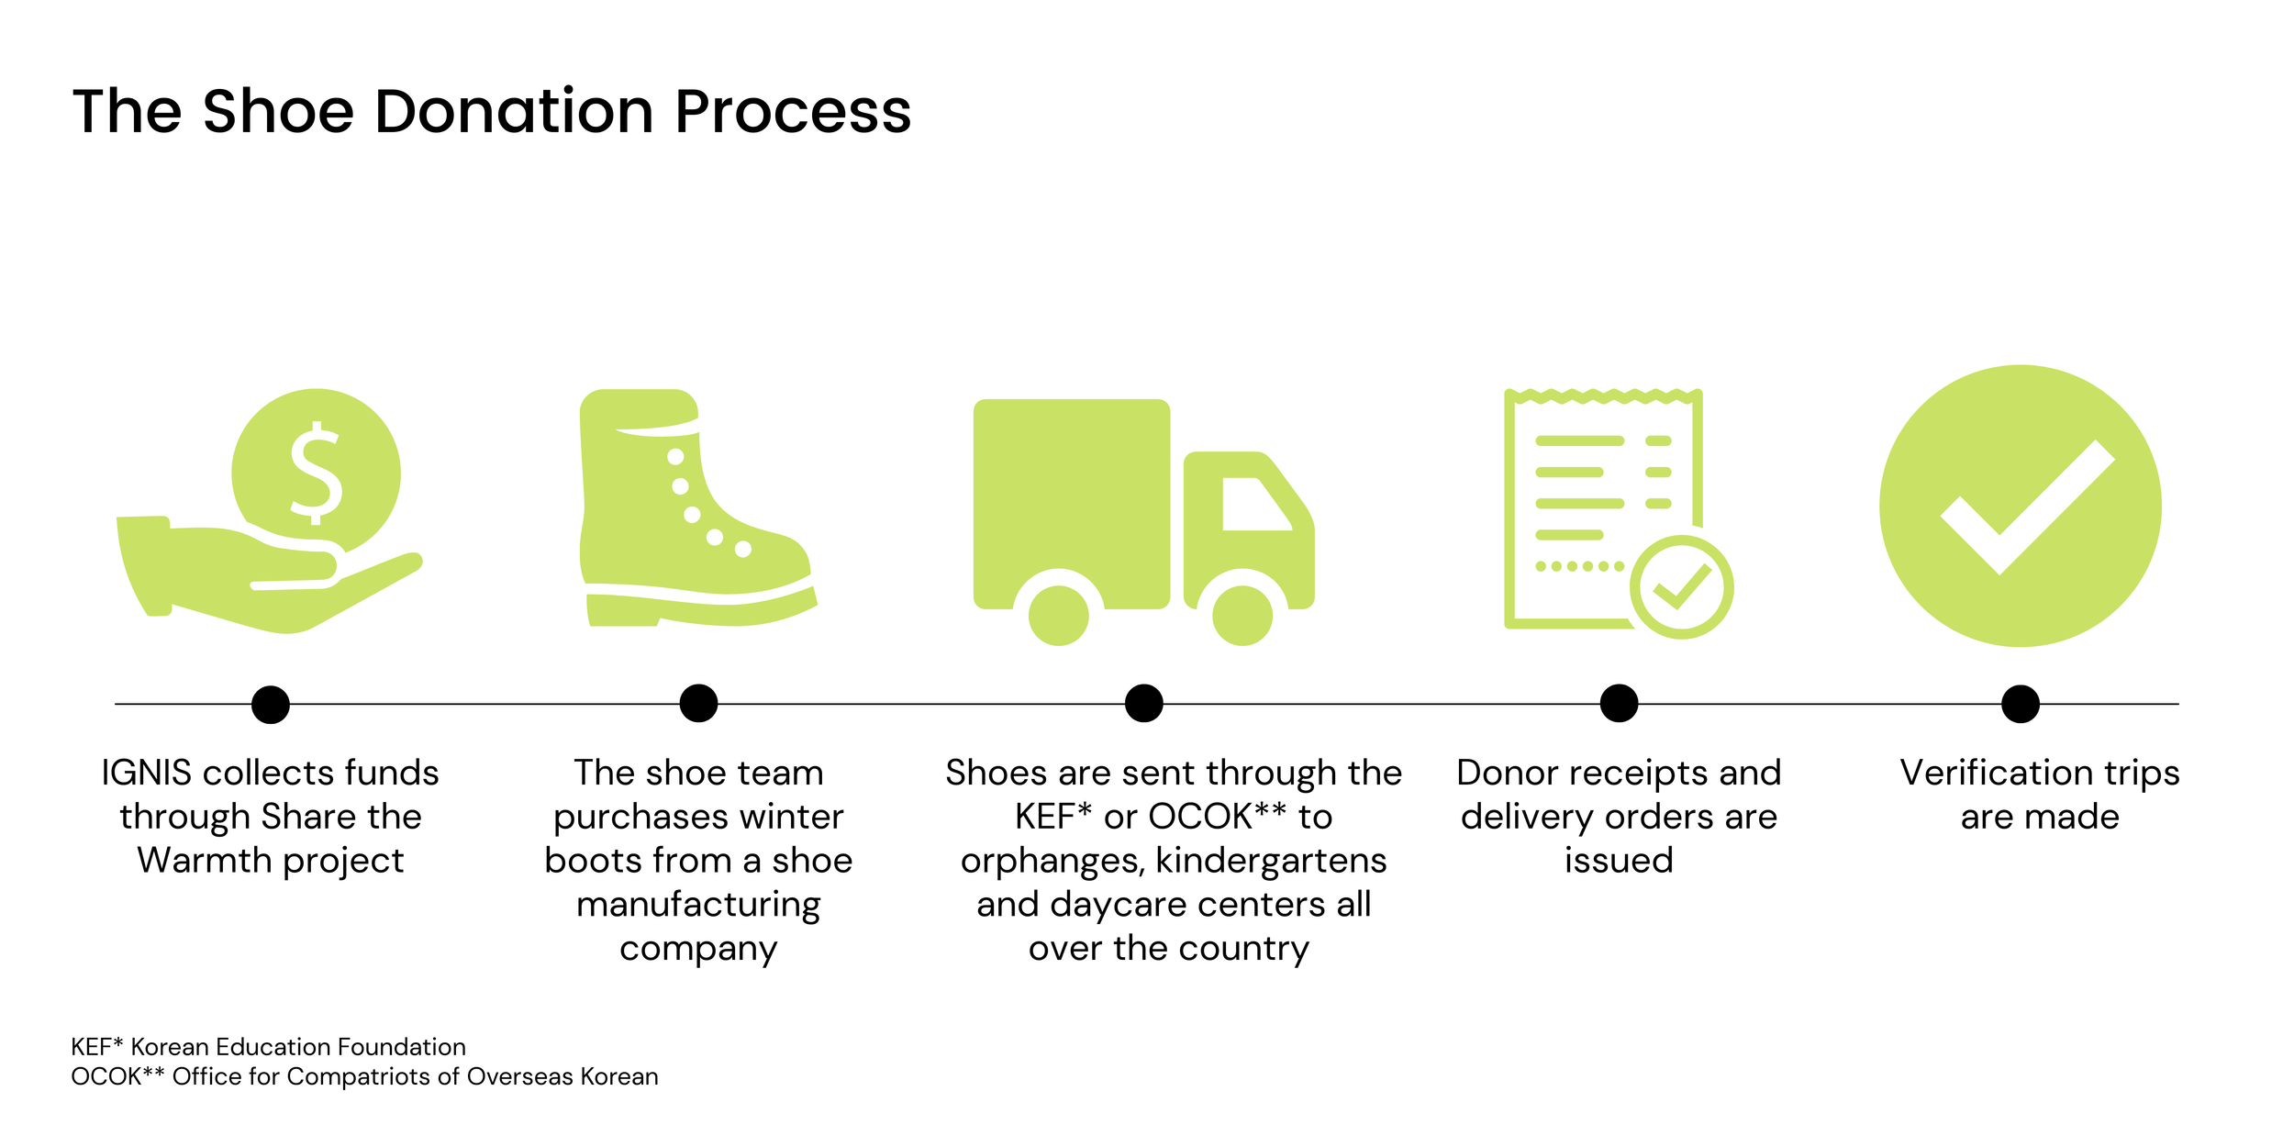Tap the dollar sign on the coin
[x=317, y=473]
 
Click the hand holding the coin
[x=266, y=578]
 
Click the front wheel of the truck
[x=1242, y=614]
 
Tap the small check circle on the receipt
[x=1681, y=587]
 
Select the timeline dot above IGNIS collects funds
[x=271, y=705]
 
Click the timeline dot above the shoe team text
[x=698, y=704]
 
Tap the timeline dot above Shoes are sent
[x=1143, y=704]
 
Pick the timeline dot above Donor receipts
[x=1619, y=704]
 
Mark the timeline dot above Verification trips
[x=2021, y=704]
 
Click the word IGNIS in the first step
[x=146, y=773]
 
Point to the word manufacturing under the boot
[x=698, y=906]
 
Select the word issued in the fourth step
[x=1619, y=861]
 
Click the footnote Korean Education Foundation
[x=298, y=1047]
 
